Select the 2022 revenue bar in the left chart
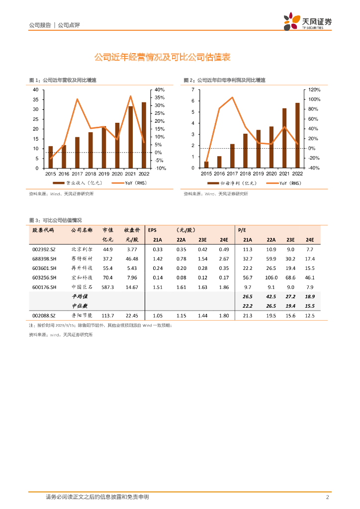coord(144,135)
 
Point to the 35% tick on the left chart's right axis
coord(159,97)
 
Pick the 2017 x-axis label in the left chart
coord(77,173)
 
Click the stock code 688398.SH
coord(44,258)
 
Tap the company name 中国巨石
coord(82,287)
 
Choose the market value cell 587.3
coord(108,287)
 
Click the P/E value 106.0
coord(271,277)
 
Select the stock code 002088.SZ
coord(44,315)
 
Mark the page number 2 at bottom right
coord(328,497)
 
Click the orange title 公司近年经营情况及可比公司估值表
coord(162,58)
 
